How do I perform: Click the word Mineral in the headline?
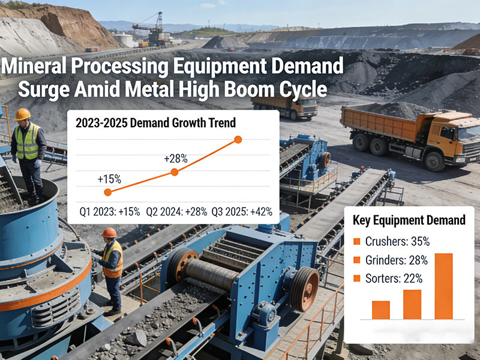tap(37, 67)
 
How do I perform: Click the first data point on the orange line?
tap(107, 192)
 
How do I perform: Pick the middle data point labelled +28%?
tap(175, 172)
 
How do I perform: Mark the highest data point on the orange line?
tap(238, 139)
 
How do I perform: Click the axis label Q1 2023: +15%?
tap(110, 211)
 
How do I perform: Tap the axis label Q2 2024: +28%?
tap(176, 211)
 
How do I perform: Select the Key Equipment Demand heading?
tap(410, 220)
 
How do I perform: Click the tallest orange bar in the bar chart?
tap(443, 286)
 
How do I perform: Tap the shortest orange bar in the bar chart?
tap(381, 310)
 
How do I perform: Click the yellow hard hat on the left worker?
tap(23, 114)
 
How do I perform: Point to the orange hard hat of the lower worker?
tap(109, 232)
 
